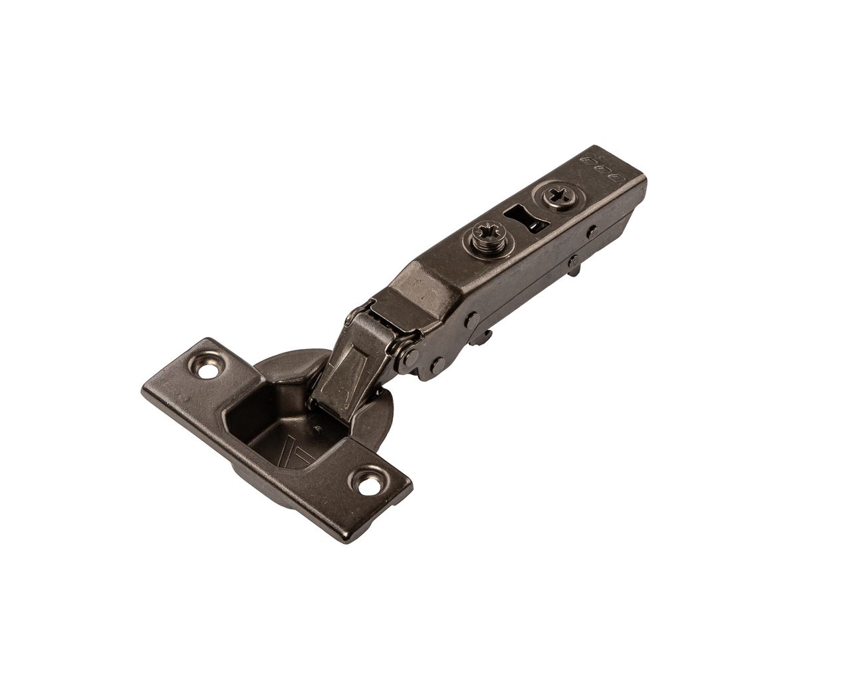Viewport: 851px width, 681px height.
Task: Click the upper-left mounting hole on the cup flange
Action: (215, 367)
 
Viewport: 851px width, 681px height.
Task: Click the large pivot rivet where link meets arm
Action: (412, 356)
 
